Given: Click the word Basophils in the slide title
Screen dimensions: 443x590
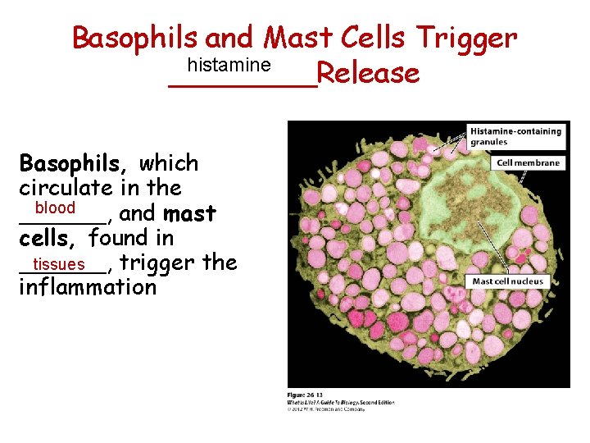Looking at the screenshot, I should click(135, 38).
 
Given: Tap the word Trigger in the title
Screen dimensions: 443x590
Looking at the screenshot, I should click(466, 38).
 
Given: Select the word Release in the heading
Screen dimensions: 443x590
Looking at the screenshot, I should click(368, 74).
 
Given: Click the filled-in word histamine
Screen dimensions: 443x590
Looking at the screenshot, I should click(229, 64).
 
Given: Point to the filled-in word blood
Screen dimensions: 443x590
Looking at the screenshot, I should click(55, 208).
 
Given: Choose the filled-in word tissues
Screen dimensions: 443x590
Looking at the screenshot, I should click(59, 264).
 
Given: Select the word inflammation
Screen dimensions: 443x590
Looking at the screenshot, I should click(88, 287).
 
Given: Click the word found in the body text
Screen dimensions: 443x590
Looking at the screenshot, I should click(120, 239).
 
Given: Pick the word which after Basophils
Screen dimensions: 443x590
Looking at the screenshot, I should click(169, 163).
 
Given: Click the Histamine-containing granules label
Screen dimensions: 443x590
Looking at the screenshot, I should click(515, 135).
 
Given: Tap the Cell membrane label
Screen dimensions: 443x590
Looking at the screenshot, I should click(529, 162).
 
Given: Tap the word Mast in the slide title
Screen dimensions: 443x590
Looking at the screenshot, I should click(297, 38).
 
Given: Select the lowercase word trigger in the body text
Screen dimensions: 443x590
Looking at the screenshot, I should click(157, 263).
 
